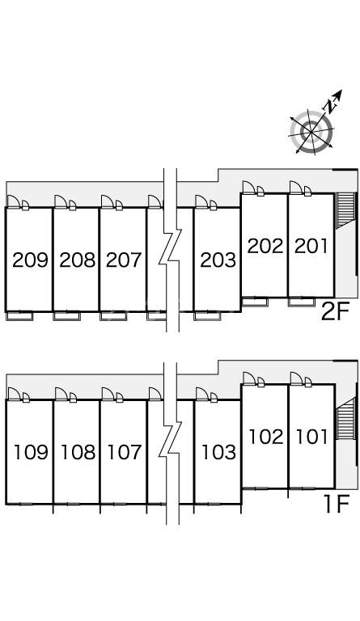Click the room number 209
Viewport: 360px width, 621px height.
point(30,260)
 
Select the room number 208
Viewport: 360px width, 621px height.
point(77,260)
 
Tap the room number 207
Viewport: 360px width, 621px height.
point(124,260)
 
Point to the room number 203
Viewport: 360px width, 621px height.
point(218,260)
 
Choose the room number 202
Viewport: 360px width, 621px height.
point(265,246)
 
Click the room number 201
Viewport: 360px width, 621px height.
point(311,246)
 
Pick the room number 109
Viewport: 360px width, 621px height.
point(31,452)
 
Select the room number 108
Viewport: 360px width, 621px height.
point(78,452)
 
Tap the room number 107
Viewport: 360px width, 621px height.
point(125,452)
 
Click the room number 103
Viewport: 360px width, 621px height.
point(218,452)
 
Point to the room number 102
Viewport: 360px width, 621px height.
point(266,437)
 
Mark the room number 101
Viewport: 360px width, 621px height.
point(312,437)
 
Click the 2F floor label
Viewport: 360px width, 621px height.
point(335,312)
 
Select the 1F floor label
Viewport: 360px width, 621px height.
point(337,504)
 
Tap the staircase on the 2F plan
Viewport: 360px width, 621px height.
point(345,210)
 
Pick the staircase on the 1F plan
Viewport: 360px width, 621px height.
point(345,420)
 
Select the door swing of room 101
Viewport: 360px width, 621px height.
point(297,378)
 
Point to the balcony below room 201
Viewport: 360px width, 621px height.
point(302,302)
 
